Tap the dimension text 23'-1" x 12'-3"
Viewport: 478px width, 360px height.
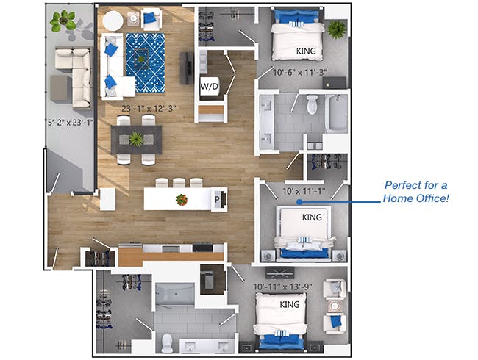click(x=151, y=108)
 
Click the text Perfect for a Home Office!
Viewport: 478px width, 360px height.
click(x=417, y=192)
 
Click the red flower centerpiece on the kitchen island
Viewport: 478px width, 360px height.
click(x=182, y=198)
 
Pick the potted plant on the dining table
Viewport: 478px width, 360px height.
click(x=137, y=138)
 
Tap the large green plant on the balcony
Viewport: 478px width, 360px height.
click(x=63, y=22)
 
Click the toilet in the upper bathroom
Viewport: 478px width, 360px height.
click(x=312, y=104)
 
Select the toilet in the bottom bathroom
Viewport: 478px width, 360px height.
click(x=166, y=343)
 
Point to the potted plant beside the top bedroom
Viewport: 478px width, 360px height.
click(x=337, y=29)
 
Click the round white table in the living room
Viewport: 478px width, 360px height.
click(x=114, y=22)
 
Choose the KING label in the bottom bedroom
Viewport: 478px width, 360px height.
click(x=288, y=303)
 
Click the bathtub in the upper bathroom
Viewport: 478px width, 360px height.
click(x=336, y=113)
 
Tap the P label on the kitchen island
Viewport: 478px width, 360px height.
click(x=218, y=198)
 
